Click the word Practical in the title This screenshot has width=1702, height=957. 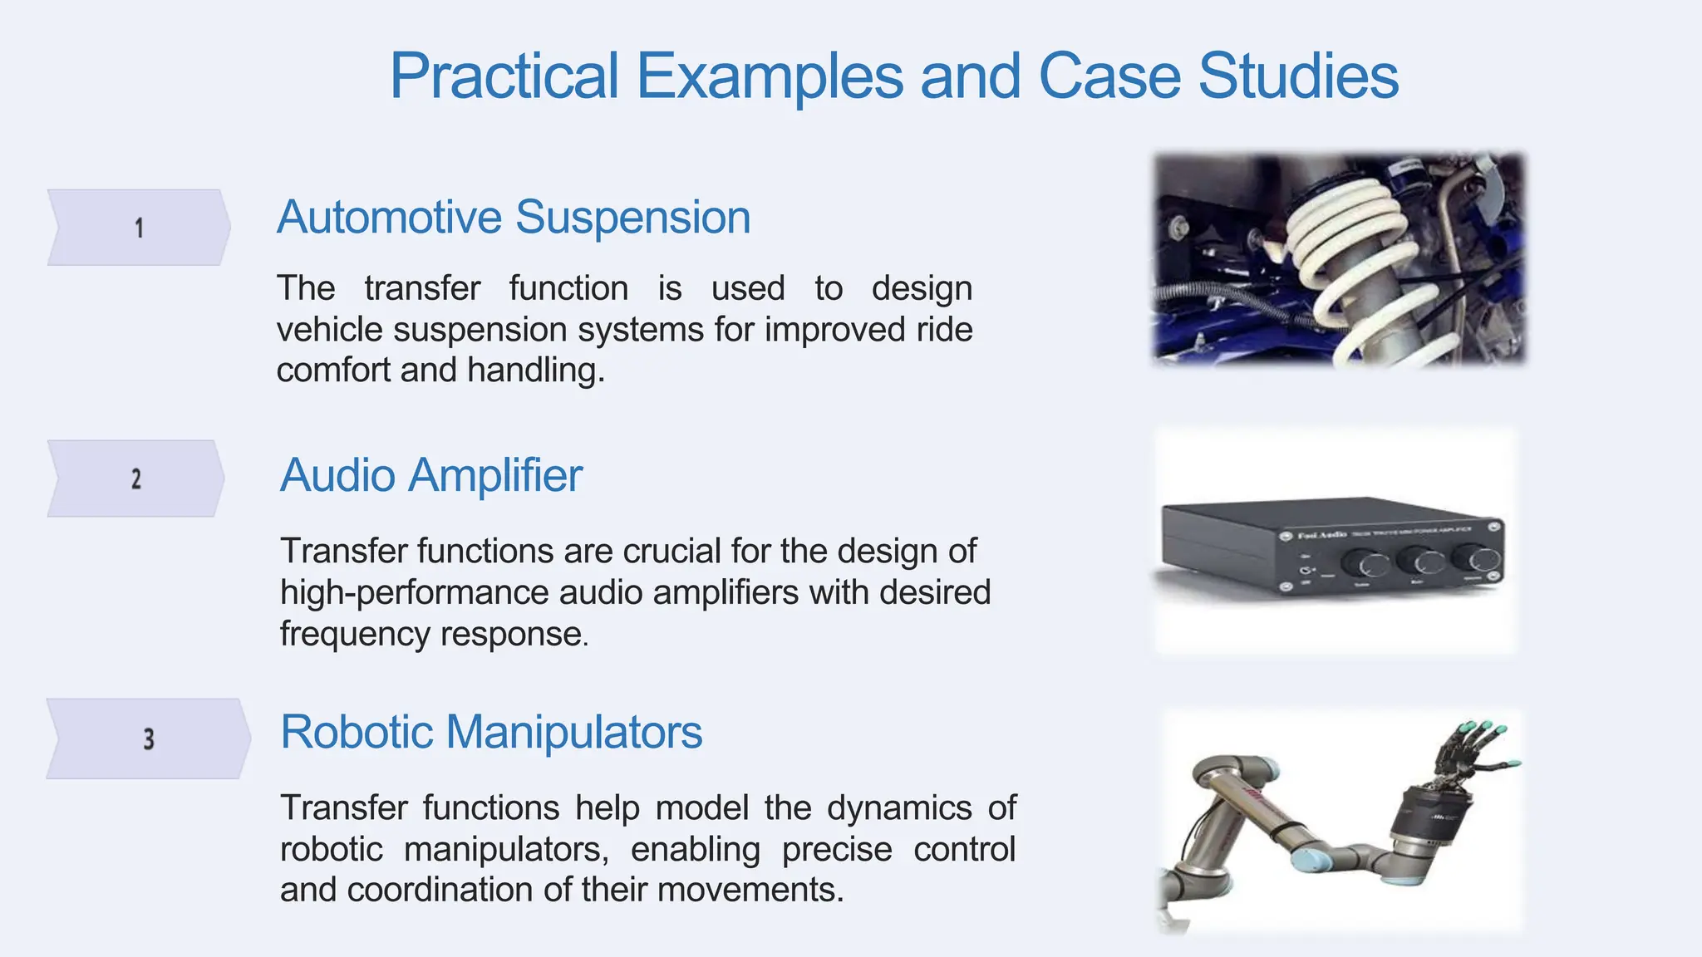coord(504,76)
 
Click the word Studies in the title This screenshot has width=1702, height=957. coord(1298,76)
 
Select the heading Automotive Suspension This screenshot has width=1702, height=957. coord(514,218)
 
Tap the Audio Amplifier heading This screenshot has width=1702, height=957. coord(430,476)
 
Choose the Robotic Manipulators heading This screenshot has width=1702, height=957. coord(491,733)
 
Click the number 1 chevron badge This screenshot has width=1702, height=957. coord(139,228)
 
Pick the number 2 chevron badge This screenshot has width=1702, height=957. coord(136,478)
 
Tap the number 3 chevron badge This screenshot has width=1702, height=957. coord(148,739)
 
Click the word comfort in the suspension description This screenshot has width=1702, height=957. coord(333,371)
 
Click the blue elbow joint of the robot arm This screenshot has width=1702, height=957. coord(1309,861)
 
